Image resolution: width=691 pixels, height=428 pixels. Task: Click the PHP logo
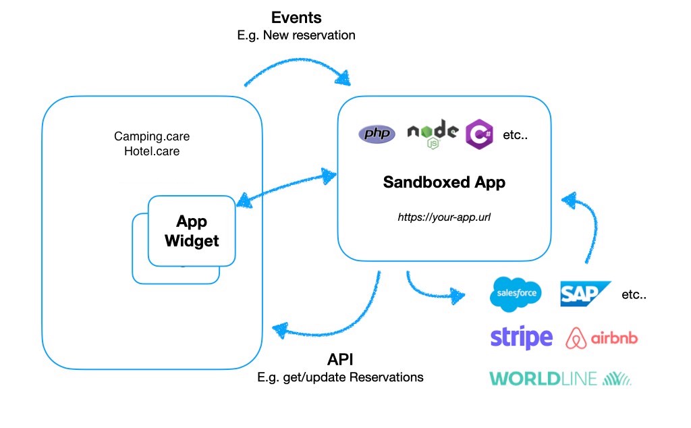pyautogui.click(x=377, y=133)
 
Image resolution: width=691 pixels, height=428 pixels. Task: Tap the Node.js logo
pyautogui.click(x=433, y=134)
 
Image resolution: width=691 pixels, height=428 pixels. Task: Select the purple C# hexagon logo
pyautogui.click(x=479, y=134)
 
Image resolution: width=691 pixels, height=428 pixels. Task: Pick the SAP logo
pyautogui.click(x=585, y=294)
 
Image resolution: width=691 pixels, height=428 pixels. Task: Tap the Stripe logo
pyautogui.click(x=522, y=338)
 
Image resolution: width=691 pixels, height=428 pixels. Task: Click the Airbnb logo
pyautogui.click(x=601, y=338)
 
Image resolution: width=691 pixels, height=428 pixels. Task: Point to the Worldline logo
pyautogui.click(x=560, y=379)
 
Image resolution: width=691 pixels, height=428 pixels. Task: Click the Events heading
pyautogui.click(x=296, y=18)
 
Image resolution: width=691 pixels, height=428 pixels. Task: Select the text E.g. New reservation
pyautogui.click(x=296, y=35)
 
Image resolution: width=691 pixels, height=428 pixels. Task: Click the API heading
pyautogui.click(x=340, y=360)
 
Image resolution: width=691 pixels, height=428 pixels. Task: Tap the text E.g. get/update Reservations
pyautogui.click(x=340, y=377)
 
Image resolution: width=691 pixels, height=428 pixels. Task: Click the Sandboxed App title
pyautogui.click(x=444, y=182)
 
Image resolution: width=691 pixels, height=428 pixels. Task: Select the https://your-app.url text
pyautogui.click(x=444, y=217)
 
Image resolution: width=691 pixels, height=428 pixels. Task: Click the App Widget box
pyautogui.click(x=192, y=231)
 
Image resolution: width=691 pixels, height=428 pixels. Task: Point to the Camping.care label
pyautogui.click(x=152, y=136)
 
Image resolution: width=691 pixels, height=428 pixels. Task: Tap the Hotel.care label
pyautogui.click(x=152, y=151)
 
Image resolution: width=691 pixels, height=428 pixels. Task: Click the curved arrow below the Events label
pyautogui.click(x=299, y=60)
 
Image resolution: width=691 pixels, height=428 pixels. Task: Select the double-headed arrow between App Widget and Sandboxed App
pyautogui.click(x=286, y=187)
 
